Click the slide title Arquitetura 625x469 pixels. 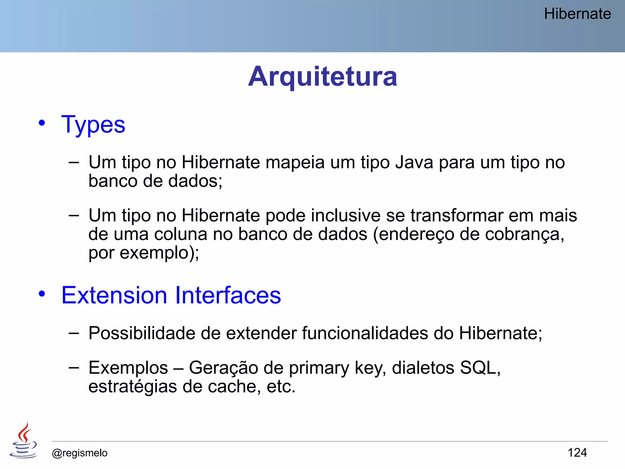point(323,76)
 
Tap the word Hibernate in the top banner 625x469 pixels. point(577,14)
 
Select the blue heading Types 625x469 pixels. point(93,125)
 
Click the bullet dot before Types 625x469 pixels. point(42,123)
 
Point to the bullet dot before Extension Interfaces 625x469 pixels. point(42,294)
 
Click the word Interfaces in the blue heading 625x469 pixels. point(228,295)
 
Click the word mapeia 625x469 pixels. point(295,163)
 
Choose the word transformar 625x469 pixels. point(456,216)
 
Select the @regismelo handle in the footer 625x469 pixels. point(80,453)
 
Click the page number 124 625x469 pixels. point(577,453)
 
